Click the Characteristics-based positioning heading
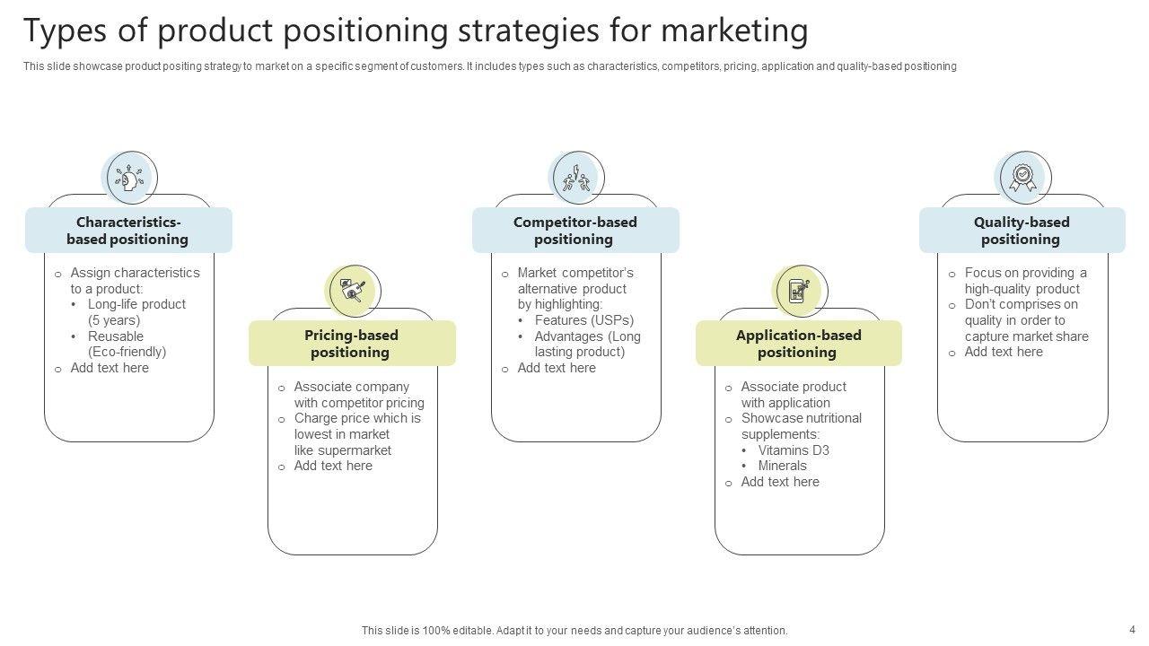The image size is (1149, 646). (128, 231)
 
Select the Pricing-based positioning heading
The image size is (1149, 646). (351, 344)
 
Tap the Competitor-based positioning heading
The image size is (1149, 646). (574, 231)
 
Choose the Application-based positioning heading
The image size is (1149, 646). (798, 344)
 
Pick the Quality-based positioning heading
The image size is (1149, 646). (1021, 231)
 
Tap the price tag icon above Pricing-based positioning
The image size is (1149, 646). (353, 291)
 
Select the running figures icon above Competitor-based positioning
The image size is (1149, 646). (576, 178)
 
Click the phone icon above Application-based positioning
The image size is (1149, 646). (799, 291)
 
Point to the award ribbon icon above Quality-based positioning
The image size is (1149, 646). (1022, 178)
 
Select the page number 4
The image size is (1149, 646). (1132, 629)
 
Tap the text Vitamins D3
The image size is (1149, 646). (794, 450)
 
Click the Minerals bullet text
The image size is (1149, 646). (782, 466)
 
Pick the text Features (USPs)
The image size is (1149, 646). (583, 320)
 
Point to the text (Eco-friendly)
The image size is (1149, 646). (127, 352)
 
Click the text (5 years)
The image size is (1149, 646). (114, 320)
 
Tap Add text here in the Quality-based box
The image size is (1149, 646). (1004, 352)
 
